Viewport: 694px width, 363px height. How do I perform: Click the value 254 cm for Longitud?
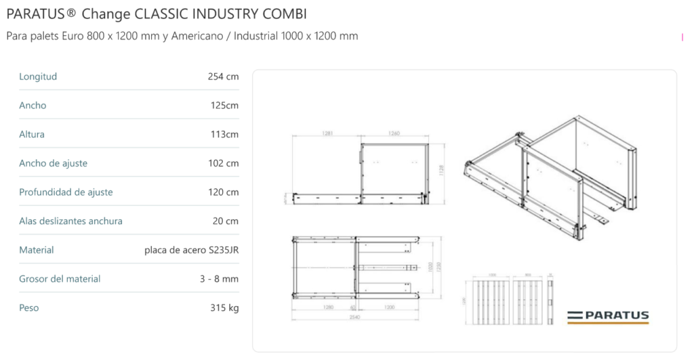pos(223,77)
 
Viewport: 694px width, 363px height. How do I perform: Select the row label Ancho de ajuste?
pos(53,163)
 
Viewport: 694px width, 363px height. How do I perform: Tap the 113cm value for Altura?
pos(224,134)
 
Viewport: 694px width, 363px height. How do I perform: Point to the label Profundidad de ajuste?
pos(66,192)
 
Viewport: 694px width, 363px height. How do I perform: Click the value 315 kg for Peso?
pos(224,308)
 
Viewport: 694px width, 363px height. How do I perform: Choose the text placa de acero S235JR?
pos(191,250)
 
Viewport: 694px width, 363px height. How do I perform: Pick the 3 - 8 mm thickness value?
pos(223,279)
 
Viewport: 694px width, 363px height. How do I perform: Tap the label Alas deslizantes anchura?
pos(70,221)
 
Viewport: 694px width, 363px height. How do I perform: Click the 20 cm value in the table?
pos(225,221)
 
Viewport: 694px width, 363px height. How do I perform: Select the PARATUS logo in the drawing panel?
pos(608,316)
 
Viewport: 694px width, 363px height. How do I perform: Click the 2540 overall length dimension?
pos(354,314)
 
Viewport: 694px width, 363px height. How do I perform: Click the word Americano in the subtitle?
pos(199,36)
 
